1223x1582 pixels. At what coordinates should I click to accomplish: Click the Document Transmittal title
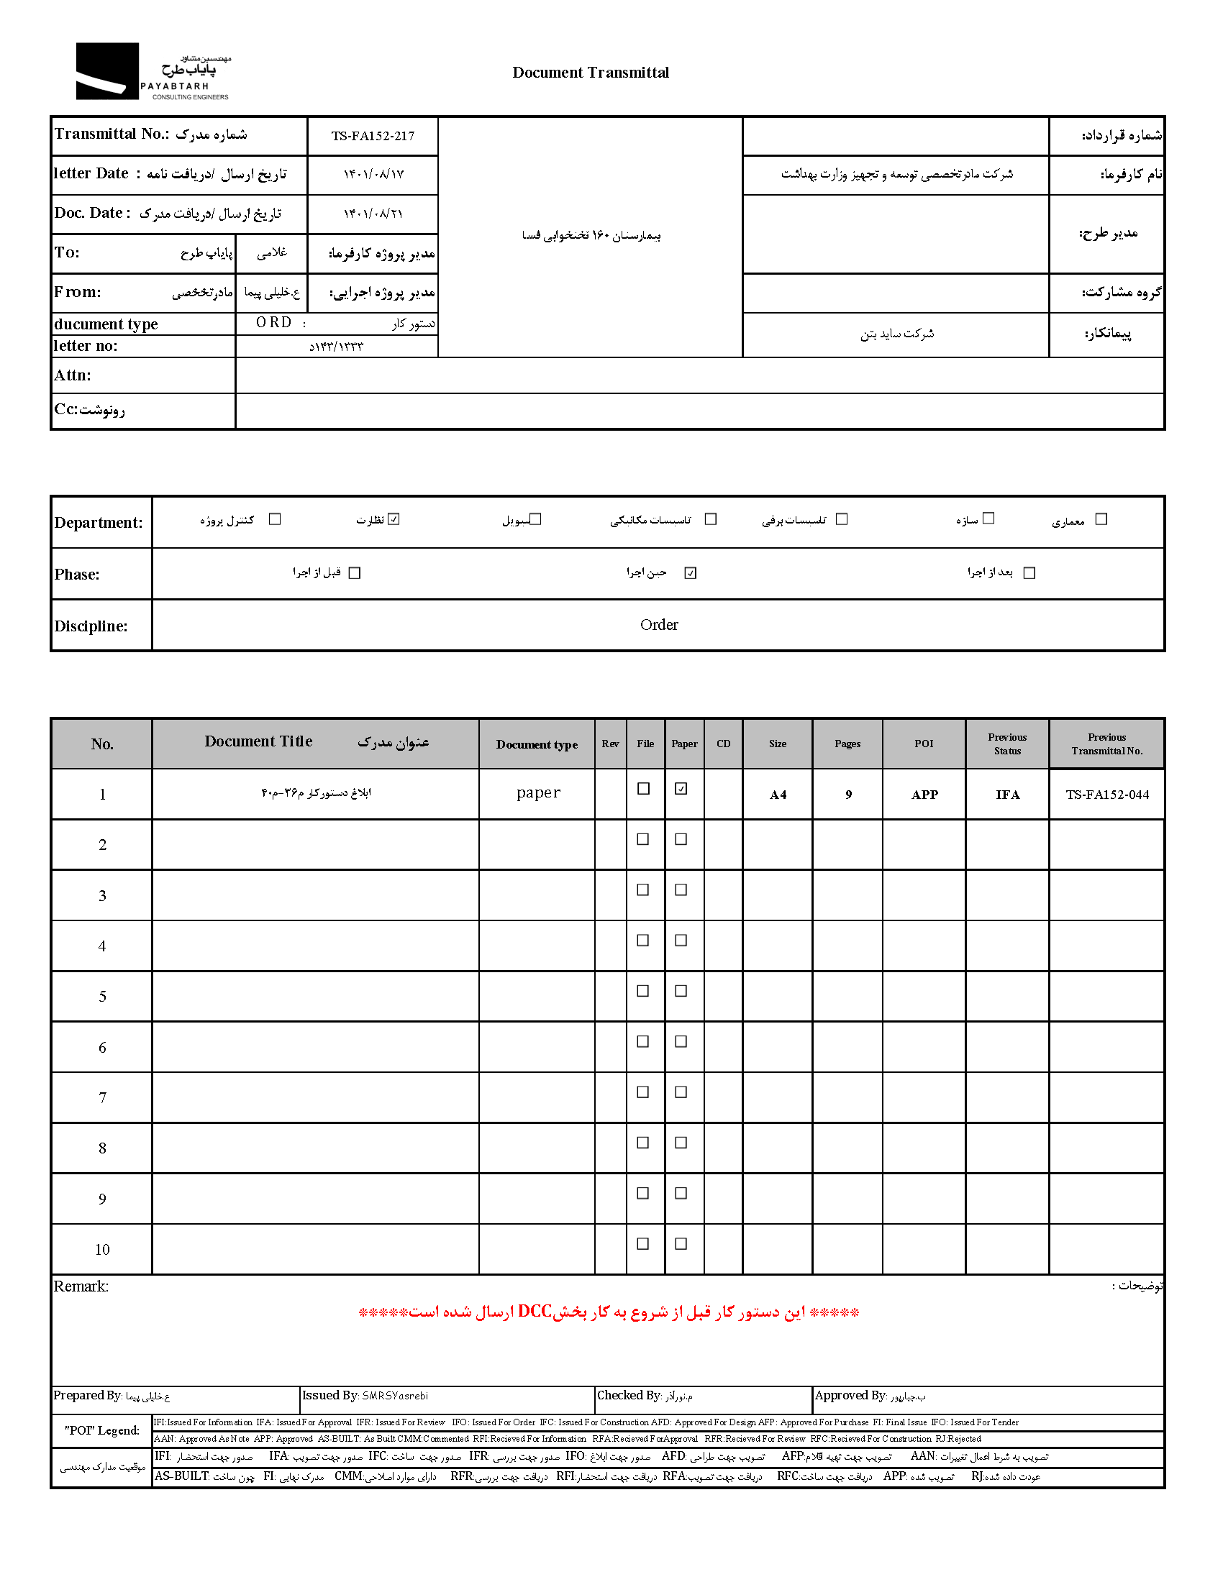click(x=591, y=73)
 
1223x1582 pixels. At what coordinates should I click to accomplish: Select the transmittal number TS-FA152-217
click(x=373, y=136)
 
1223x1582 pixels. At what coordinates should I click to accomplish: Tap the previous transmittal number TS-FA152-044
click(x=1107, y=795)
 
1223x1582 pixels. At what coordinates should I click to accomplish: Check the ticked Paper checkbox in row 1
click(x=681, y=789)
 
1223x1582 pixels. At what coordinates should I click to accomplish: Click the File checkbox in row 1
click(x=643, y=789)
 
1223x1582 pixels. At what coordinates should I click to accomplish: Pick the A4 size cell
click(x=778, y=795)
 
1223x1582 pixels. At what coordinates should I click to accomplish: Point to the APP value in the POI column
click(x=924, y=795)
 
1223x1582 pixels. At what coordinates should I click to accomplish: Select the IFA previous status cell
click(x=1007, y=795)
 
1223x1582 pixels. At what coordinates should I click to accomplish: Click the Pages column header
click(x=847, y=744)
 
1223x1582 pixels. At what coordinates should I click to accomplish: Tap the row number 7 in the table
click(x=102, y=1098)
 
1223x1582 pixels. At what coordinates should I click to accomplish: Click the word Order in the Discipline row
click(x=658, y=624)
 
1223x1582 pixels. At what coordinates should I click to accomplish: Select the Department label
click(x=99, y=523)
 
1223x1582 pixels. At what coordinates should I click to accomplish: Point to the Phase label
click(x=77, y=575)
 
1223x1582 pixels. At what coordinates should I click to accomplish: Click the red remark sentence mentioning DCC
click(x=609, y=1312)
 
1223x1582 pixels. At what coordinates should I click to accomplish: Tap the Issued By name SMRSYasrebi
click(x=395, y=1396)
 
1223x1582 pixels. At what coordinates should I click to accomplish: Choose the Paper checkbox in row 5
click(x=681, y=991)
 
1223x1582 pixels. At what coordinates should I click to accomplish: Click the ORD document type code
click(x=274, y=323)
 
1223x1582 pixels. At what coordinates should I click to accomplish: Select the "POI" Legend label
click(x=102, y=1430)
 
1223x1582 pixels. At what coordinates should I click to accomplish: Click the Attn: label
click(x=73, y=375)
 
